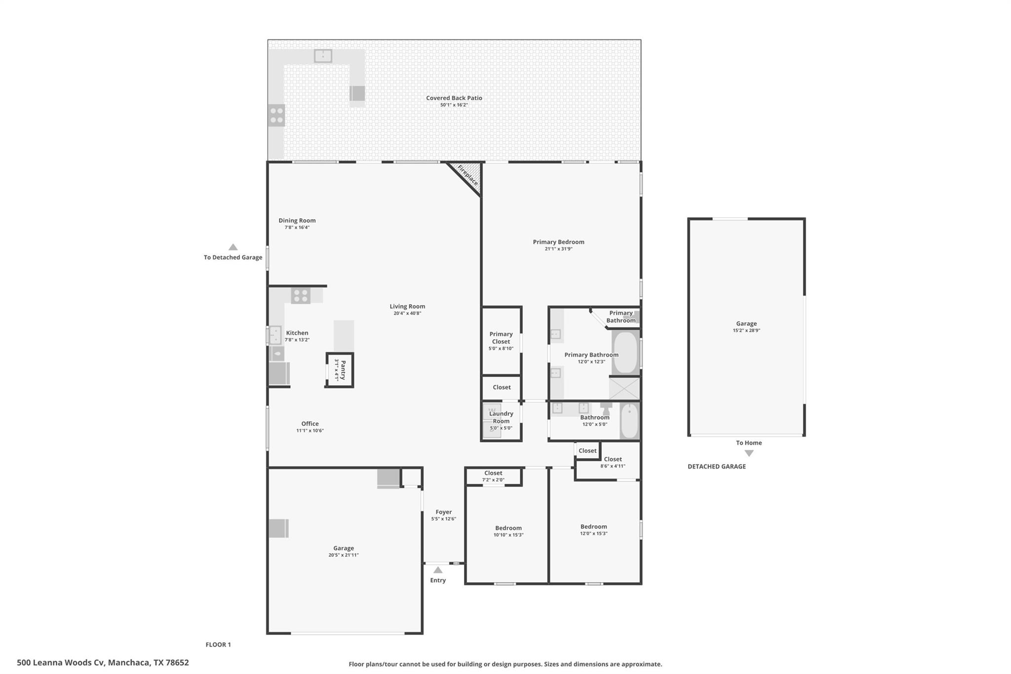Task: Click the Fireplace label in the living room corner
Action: (x=467, y=176)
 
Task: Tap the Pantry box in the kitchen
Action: (x=340, y=370)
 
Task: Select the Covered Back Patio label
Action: (x=454, y=98)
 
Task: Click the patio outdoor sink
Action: (x=323, y=56)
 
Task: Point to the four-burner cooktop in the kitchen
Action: (x=300, y=296)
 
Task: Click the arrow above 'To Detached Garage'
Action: (x=233, y=247)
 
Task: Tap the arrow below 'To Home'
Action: (x=749, y=453)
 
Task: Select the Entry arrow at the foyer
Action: (x=438, y=570)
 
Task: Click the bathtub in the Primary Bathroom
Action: (x=625, y=353)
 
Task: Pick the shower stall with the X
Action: (x=624, y=389)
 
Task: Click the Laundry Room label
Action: (x=501, y=418)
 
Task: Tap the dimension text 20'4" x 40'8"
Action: (x=407, y=314)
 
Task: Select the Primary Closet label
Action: (x=501, y=338)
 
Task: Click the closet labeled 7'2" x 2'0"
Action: (x=493, y=476)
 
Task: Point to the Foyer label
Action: (x=443, y=512)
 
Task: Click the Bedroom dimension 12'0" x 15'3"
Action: (x=594, y=534)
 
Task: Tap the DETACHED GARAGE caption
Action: (x=716, y=467)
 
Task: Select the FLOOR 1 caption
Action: (x=218, y=644)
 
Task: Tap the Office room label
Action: (x=310, y=424)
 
